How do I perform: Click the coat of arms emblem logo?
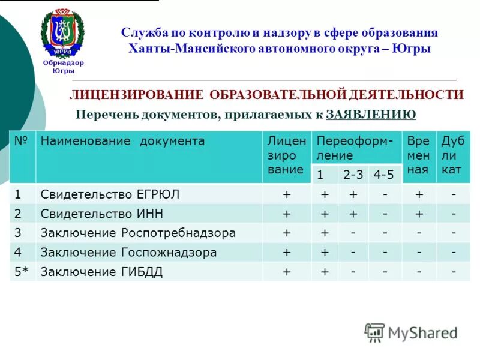62,33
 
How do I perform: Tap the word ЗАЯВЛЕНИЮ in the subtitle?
371,114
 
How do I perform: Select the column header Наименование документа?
122,142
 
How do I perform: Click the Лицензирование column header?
286,155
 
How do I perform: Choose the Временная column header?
418,155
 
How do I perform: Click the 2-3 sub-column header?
353,175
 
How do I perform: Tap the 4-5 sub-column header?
383,175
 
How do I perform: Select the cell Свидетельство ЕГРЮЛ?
110,194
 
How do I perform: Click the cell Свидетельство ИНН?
101,214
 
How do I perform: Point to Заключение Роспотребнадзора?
137,233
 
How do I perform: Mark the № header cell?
22,142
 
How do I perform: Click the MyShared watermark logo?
411,332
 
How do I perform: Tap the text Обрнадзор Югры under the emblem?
63,66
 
